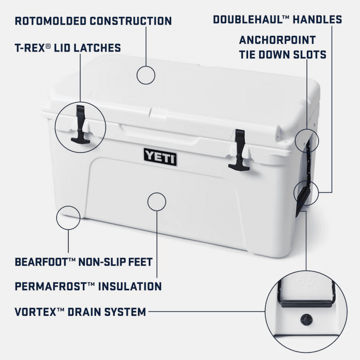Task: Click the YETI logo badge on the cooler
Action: pyautogui.click(x=160, y=157)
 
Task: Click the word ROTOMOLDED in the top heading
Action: pyautogui.click(x=50, y=21)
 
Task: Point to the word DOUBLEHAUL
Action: pyautogui.click(x=248, y=19)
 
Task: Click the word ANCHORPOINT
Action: pyautogui.click(x=277, y=40)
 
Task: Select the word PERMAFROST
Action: pyautogui.click(x=51, y=287)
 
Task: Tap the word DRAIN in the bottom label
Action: pyautogui.click(x=84, y=311)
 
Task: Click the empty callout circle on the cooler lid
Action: pyautogui.click(x=146, y=75)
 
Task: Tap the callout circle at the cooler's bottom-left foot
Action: pyautogui.click(x=68, y=217)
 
